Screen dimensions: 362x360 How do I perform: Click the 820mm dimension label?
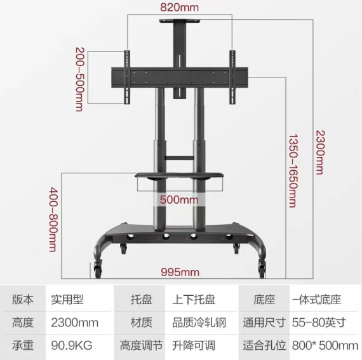click(179, 8)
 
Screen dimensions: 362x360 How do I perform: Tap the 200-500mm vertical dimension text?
click(80, 79)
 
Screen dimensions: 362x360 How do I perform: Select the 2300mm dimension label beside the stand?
click(320, 152)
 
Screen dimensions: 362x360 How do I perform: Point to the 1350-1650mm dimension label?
click(293, 171)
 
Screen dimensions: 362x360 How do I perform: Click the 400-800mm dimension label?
click(53, 219)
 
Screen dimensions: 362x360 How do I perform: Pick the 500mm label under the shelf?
click(179, 199)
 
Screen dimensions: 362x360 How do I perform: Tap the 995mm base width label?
click(180, 272)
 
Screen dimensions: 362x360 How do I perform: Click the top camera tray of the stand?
click(180, 21)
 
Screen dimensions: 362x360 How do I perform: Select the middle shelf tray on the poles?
click(179, 175)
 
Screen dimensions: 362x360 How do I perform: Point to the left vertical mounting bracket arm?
click(127, 77)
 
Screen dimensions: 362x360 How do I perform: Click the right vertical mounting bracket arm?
click(232, 77)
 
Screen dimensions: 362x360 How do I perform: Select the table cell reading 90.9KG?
click(72, 345)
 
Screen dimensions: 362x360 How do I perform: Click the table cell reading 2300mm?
click(74, 323)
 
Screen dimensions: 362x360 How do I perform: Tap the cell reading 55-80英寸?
click(319, 323)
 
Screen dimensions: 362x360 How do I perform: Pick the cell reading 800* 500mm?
click(325, 345)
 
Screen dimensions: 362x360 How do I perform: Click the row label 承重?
click(23, 345)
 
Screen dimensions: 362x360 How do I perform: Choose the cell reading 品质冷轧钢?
click(199, 323)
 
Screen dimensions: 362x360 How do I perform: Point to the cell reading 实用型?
click(67, 300)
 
